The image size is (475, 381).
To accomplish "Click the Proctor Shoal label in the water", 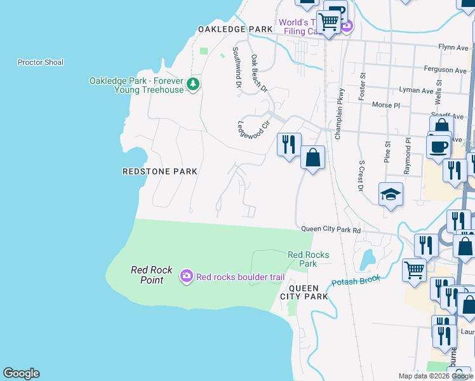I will point(41,62).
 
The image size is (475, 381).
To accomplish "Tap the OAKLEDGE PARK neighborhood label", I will point(235,29).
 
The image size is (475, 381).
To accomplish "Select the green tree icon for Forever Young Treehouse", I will point(194,84).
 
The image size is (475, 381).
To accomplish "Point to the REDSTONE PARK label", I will point(159,171).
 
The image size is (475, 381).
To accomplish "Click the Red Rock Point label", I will point(152,275).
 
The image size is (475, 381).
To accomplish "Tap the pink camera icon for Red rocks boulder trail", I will point(187,276).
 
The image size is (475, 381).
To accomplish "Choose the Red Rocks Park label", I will point(308,259).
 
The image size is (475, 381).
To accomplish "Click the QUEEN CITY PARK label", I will point(304,291).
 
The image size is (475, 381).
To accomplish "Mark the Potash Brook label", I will point(356,280).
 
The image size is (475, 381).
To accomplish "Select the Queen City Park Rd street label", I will point(331,230).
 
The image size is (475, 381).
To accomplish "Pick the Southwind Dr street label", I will point(237,66).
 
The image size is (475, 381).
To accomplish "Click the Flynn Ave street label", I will point(453,47).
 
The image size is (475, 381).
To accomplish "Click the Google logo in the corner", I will point(21,373).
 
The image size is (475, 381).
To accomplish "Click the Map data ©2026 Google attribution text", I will point(436,376).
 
